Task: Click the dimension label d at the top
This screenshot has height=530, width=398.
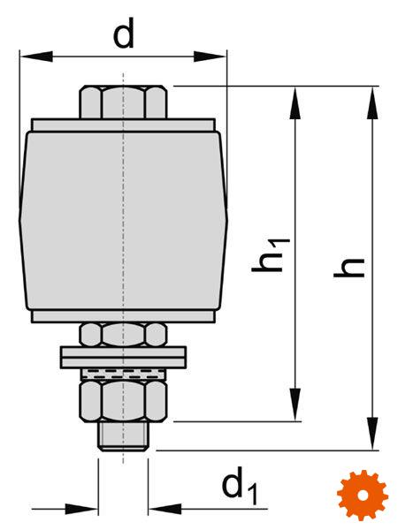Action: [124, 33]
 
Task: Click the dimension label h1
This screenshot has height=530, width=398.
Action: [271, 255]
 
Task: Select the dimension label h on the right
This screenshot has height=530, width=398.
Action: [349, 268]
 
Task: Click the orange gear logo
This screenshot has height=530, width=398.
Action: [363, 495]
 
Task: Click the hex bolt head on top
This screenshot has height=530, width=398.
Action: [123, 102]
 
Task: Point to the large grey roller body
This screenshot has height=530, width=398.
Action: [123, 220]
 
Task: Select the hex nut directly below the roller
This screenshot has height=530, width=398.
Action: [123, 335]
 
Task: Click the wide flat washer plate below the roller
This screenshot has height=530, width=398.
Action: [123, 357]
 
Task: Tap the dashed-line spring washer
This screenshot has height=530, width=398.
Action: [123, 375]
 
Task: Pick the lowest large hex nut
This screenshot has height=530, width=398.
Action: [123, 401]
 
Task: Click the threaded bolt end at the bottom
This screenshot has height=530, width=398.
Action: [123, 436]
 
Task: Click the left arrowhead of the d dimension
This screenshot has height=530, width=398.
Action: [36, 57]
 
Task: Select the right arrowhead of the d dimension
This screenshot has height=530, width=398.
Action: [210, 57]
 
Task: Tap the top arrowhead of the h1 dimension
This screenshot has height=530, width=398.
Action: [295, 102]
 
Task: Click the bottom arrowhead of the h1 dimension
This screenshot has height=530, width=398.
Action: [295, 405]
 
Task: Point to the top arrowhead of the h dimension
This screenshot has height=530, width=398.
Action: [372, 102]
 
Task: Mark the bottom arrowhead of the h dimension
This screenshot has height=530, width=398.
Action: [372, 434]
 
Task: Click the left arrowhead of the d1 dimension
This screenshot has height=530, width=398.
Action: [81, 509]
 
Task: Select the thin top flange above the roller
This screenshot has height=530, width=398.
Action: [123, 125]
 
